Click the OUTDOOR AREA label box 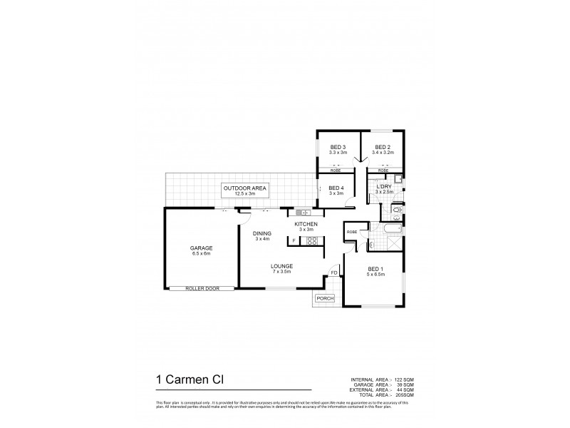(x=244, y=190)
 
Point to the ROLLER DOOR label (x=199, y=288)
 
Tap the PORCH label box (x=325, y=298)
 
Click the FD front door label (x=333, y=272)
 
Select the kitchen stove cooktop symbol (x=310, y=241)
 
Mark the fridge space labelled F (x=293, y=241)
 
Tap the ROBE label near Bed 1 (x=351, y=233)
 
